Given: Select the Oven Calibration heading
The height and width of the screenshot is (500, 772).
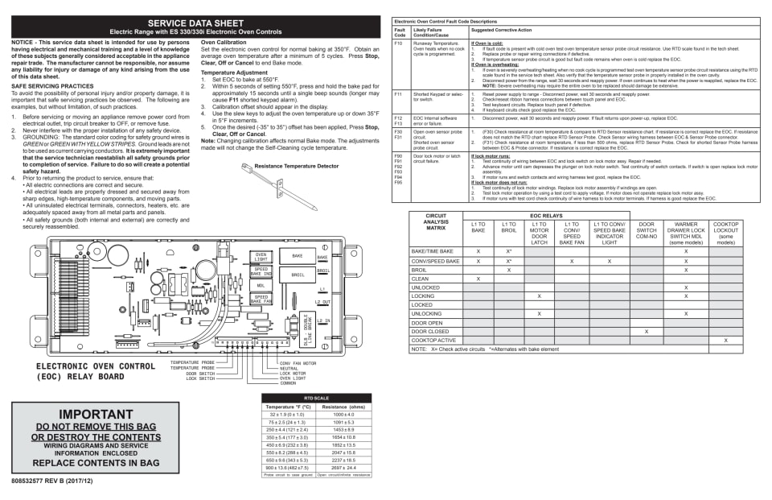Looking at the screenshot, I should click(x=224, y=42).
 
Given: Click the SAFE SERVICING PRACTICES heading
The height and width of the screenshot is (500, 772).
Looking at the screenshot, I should click(x=53, y=85).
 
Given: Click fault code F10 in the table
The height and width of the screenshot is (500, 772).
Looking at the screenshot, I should click(x=399, y=43).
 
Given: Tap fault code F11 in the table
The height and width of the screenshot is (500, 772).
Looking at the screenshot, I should click(x=399, y=94).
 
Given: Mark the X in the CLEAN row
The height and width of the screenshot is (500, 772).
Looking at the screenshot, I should click(x=478, y=279).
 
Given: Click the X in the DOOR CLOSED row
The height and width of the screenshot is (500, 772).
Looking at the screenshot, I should click(x=646, y=332).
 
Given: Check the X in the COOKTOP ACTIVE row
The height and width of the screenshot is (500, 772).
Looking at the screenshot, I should click(x=725, y=341).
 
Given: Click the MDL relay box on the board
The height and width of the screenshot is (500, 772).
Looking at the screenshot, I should click(x=261, y=285).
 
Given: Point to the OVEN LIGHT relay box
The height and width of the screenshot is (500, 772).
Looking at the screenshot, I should click(x=261, y=256).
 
